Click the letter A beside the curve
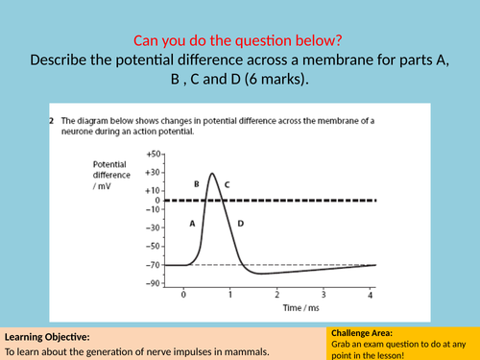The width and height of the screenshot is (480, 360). click(192, 223)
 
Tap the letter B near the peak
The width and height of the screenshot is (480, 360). click(196, 182)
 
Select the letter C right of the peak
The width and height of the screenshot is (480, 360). click(227, 183)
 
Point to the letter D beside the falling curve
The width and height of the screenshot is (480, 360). click(240, 224)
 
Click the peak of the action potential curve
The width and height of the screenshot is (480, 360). click(211, 174)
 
